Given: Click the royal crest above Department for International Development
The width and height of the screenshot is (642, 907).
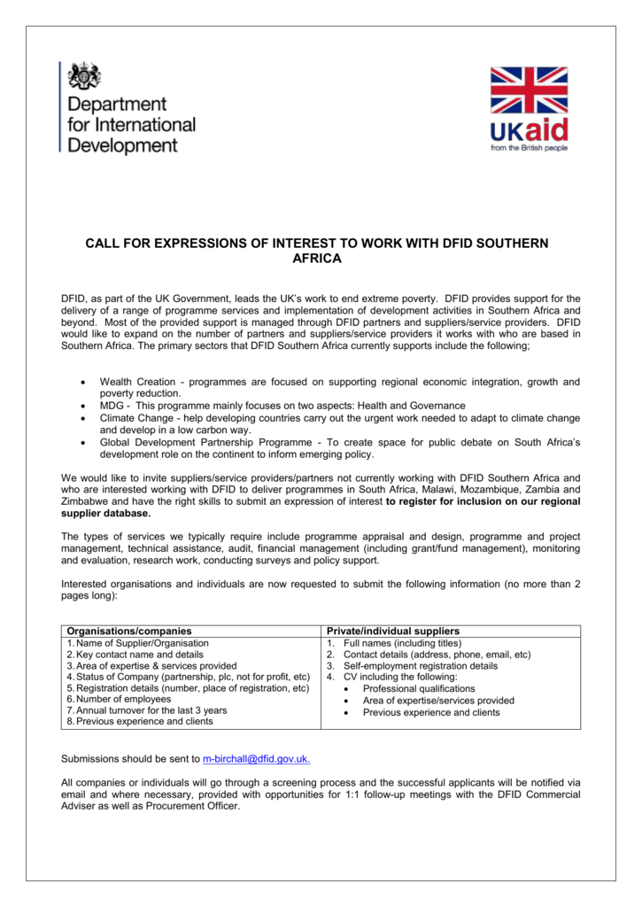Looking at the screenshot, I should pyautogui.click(x=86, y=76).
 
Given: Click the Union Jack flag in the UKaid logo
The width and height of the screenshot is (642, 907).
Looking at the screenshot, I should pyautogui.click(x=529, y=90).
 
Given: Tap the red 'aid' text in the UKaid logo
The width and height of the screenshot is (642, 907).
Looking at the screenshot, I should pyautogui.click(x=546, y=131).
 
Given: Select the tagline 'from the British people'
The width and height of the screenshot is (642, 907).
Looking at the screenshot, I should pyautogui.click(x=530, y=148).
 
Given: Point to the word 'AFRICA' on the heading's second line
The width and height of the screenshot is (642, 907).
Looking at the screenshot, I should pyautogui.click(x=316, y=259).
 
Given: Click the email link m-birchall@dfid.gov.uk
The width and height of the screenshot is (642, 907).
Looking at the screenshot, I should pyautogui.click(x=256, y=759).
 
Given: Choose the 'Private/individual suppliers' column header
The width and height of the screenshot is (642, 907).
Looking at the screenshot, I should pyautogui.click(x=392, y=631).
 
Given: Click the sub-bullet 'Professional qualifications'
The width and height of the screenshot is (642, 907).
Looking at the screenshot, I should pyautogui.click(x=419, y=688).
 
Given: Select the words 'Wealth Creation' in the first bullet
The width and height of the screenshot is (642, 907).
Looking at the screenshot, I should pyautogui.click(x=136, y=382).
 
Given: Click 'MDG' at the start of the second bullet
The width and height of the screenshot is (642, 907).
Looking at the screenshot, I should pyautogui.click(x=111, y=405).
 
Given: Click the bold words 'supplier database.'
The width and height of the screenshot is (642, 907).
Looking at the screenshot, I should pyautogui.click(x=105, y=513).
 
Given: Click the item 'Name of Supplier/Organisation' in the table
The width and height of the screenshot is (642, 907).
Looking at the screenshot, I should pyautogui.click(x=142, y=643).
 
